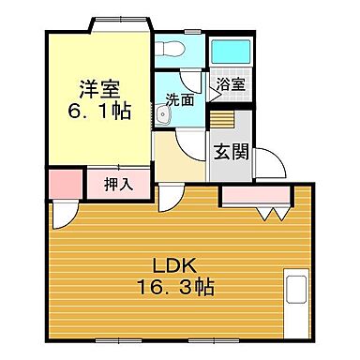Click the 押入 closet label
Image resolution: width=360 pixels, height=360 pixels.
[118, 184]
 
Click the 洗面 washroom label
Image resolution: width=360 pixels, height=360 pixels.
[179, 98]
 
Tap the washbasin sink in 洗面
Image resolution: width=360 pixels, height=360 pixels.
[164, 114]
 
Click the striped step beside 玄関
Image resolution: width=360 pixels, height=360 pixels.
[220, 120]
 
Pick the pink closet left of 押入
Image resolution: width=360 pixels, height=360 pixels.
[63, 182]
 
